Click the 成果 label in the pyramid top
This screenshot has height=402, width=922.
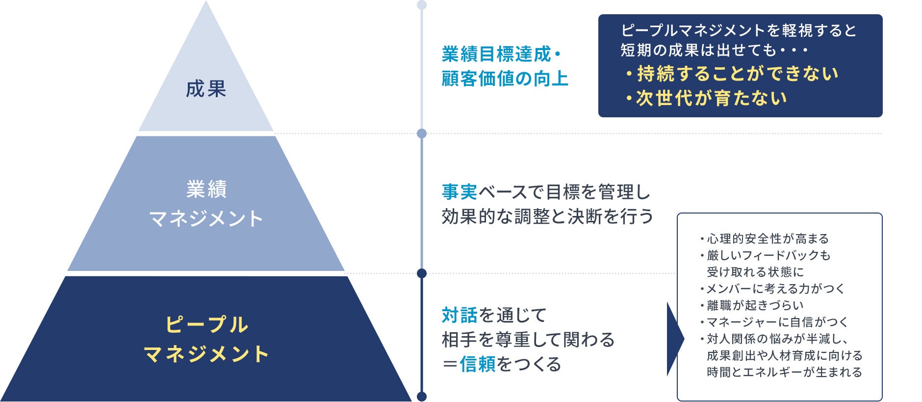tap(206, 89)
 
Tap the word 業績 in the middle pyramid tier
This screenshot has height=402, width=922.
tap(206, 189)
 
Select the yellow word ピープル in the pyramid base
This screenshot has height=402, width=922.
tap(206, 325)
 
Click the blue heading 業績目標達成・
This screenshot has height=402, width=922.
tap(501, 54)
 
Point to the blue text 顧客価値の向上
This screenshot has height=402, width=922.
tap(505, 79)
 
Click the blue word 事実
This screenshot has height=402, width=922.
tap(460, 192)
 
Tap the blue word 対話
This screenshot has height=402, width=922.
tap(460, 315)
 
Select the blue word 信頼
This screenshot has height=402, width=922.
tap(478, 364)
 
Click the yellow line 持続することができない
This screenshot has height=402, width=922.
tap(732, 74)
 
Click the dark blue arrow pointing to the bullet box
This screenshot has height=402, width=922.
tap(675, 339)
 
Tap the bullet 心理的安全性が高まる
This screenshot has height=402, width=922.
tap(764, 239)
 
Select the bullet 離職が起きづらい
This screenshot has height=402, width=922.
tap(752, 306)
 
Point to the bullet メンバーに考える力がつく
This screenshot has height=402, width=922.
tap(772, 289)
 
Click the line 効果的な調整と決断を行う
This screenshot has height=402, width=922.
tap(547, 216)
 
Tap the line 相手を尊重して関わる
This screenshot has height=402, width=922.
tap(528, 340)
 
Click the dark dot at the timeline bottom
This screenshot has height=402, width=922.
tap(421, 397)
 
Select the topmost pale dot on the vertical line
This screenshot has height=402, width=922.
tap(421, 5)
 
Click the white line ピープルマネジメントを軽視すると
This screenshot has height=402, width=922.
tap(739, 31)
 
